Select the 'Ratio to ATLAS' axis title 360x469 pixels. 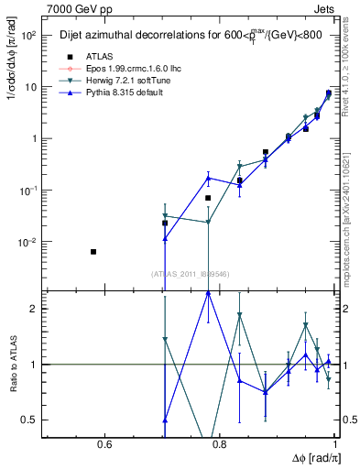point(11,366)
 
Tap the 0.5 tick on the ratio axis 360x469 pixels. point(32,420)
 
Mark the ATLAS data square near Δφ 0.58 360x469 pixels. point(93,251)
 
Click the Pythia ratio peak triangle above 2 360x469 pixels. point(209,293)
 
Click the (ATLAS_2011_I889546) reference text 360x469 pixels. point(191,273)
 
